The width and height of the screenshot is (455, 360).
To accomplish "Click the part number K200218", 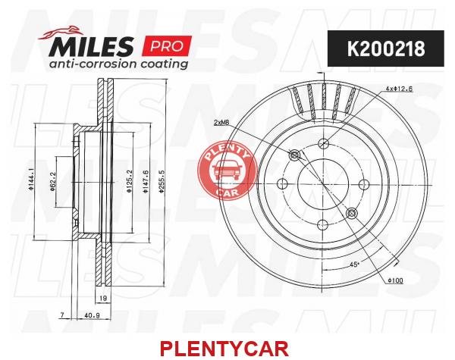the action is [x=386, y=49].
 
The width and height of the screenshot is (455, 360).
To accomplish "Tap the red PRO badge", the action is [x=167, y=45].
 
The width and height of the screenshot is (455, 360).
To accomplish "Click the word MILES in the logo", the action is [x=91, y=46].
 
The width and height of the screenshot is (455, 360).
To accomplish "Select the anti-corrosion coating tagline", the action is [x=118, y=64].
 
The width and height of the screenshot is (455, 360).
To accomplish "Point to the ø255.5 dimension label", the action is [x=162, y=184].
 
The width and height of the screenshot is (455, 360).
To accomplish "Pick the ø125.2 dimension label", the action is [x=130, y=182].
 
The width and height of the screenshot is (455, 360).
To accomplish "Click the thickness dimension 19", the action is [x=103, y=298].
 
